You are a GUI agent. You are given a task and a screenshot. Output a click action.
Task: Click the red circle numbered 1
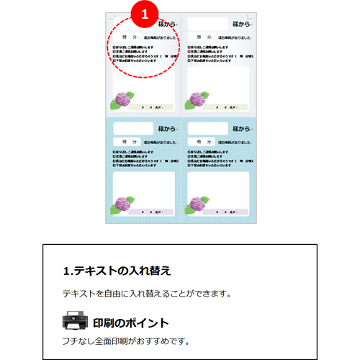pos(144,13)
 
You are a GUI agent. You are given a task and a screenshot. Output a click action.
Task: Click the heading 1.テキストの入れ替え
pos(117,271)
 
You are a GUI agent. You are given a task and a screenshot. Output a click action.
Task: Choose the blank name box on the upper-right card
pos(207,24)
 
